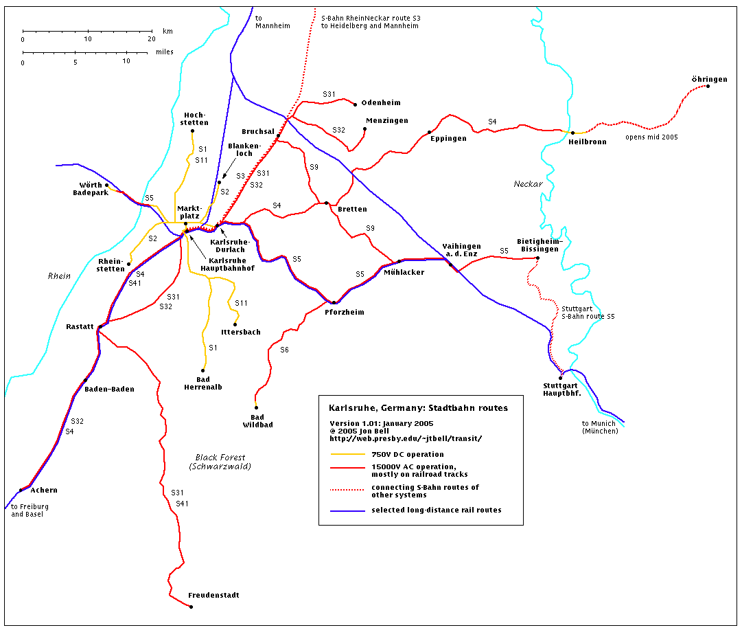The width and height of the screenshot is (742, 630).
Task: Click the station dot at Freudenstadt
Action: coord(191,606)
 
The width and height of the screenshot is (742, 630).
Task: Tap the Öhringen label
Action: coord(709,80)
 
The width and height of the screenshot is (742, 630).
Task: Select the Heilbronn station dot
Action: coord(572,133)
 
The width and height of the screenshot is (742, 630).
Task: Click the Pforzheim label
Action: coord(344,312)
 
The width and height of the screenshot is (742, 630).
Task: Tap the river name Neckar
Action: coord(528,184)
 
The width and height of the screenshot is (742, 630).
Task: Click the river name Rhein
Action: coord(59,276)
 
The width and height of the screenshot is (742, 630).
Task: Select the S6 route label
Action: coord(284,350)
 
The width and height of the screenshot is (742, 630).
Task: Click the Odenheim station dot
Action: coord(355,104)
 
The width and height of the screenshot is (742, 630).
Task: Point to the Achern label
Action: coord(43,490)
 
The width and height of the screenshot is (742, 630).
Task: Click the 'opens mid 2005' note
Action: coord(651,137)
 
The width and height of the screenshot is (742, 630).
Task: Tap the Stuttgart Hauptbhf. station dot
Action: coord(561,378)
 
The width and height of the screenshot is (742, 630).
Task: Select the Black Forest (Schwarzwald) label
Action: coord(220,462)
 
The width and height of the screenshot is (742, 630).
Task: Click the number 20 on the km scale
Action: coord(152,39)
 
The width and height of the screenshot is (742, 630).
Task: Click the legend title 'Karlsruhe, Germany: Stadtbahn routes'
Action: coord(418,408)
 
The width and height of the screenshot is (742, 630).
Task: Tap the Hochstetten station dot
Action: coord(192,131)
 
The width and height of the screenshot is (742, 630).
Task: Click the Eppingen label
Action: coord(448,138)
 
